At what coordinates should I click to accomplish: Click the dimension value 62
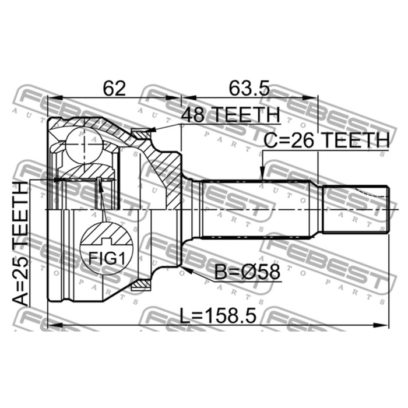pos(114,88)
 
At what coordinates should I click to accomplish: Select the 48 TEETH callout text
pos(231,115)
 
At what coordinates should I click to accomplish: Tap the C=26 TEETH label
pos(327,140)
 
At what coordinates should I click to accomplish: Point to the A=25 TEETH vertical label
pos(20,244)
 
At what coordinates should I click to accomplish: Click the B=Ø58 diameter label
pos(247,272)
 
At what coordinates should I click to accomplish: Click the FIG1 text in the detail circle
pos(107,259)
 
